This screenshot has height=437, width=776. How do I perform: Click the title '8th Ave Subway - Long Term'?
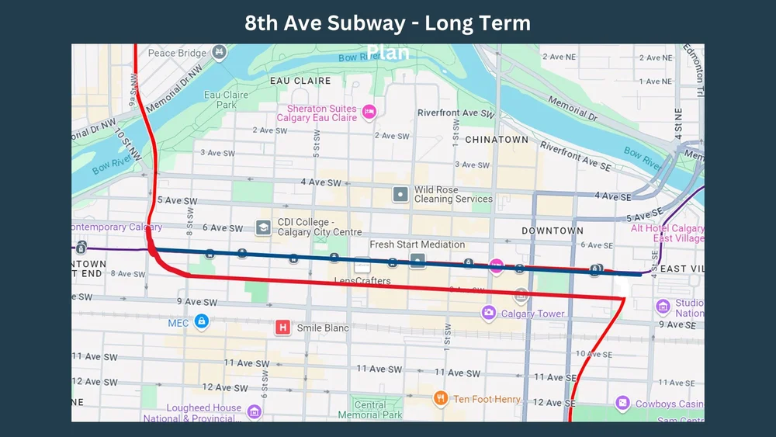tap(387, 23)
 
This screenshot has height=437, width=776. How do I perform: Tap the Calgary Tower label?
tap(532, 314)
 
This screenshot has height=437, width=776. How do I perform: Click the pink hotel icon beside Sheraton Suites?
tap(370, 113)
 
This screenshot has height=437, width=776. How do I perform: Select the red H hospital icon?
tap(283, 328)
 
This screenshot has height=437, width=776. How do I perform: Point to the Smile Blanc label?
tap(323, 328)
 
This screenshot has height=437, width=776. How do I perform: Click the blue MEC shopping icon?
tap(201, 321)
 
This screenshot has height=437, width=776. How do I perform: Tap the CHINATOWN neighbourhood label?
tap(496, 140)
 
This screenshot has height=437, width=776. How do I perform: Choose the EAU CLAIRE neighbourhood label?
tap(300, 81)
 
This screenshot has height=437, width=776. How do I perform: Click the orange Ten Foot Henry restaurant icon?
tap(441, 398)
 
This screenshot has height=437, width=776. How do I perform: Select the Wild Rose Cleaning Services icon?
tap(400, 194)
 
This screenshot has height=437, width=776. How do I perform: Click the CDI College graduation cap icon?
tap(263, 227)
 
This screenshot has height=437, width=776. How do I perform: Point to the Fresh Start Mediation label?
tap(417, 245)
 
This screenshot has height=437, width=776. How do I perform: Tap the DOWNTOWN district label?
tap(552, 231)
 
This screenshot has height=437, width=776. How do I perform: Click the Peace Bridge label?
tap(177, 54)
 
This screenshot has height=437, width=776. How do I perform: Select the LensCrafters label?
tap(362, 280)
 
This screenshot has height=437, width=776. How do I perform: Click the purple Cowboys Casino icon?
tap(622, 404)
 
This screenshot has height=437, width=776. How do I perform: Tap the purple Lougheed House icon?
tap(255, 411)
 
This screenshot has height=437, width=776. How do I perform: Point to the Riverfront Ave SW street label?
tap(456, 113)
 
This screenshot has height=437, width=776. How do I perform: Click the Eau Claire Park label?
tap(226, 99)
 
